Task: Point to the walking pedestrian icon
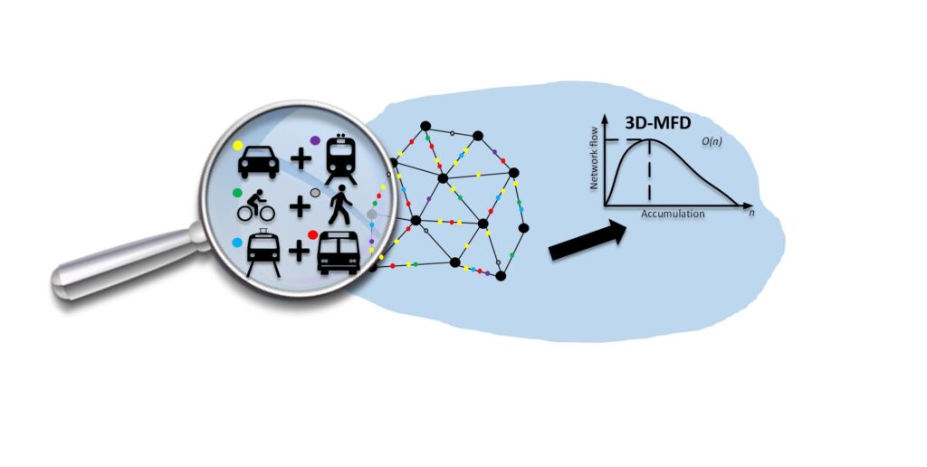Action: click(342, 207)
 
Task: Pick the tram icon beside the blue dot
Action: click(263, 253)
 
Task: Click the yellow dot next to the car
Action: click(238, 145)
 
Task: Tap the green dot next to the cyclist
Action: click(237, 193)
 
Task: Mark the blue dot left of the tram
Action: click(237, 243)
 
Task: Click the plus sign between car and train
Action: click(300, 162)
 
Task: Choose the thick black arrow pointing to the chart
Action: click(588, 242)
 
